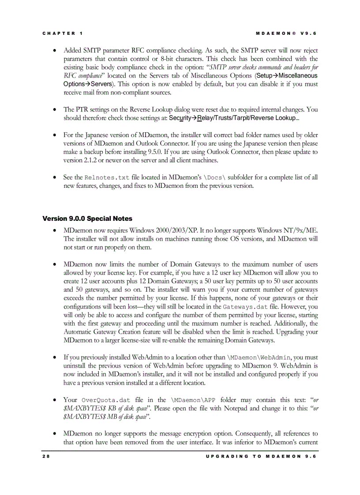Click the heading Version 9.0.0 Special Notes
(87, 219)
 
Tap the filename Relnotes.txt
(107, 178)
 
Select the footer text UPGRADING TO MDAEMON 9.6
(261, 456)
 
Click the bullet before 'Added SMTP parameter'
(54, 51)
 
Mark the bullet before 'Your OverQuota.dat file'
(54, 400)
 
